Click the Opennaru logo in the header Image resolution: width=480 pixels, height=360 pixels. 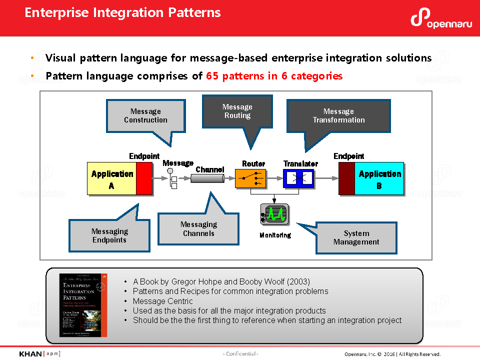pyautogui.click(x=439, y=18)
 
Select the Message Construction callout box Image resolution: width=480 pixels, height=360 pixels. pyautogui.click(x=145, y=115)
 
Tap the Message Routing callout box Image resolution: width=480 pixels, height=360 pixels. pyautogui.click(x=237, y=111)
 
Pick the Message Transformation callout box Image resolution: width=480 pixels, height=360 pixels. pyautogui.click(x=338, y=115)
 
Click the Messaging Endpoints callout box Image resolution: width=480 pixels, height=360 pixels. pyautogui.click(x=109, y=235)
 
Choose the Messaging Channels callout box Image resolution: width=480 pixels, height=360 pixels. pyautogui.click(x=198, y=229)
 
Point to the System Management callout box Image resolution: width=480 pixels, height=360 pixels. pyautogui.click(x=356, y=237)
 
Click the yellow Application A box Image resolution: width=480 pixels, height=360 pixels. pyautogui.click(x=112, y=178)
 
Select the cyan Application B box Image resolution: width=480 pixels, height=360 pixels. pyautogui.click(x=379, y=178)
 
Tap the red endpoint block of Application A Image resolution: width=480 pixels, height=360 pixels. pyautogui.click(x=144, y=178)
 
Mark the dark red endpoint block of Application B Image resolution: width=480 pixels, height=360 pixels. pyautogui.click(x=346, y=178)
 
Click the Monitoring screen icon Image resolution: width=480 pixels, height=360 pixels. pyautogui.click(x=274, y=214)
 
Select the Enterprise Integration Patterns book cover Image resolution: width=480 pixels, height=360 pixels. pyautogui.click(x=83, y=305)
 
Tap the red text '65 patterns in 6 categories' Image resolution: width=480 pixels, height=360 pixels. pyautogui.click(x=274, y=76)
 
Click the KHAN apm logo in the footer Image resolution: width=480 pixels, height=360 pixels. pyautogui.click(x=39, y=354)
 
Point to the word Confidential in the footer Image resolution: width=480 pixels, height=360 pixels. pyautogui.click(x=240, y=354)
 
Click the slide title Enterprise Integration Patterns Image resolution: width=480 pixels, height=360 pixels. pyautogui.click(x=122, y=12)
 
